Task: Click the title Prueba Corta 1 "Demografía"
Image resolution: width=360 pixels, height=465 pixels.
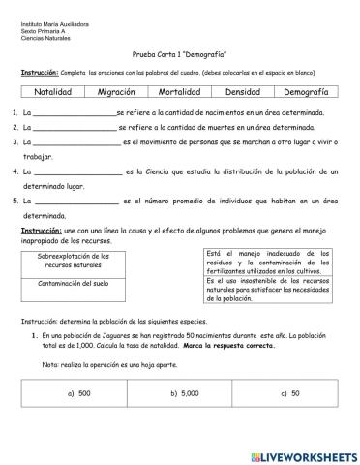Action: pos(179,57)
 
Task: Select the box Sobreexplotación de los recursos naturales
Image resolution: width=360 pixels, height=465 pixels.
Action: pos(74,262)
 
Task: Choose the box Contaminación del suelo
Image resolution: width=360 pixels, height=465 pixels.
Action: pos(74,284)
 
